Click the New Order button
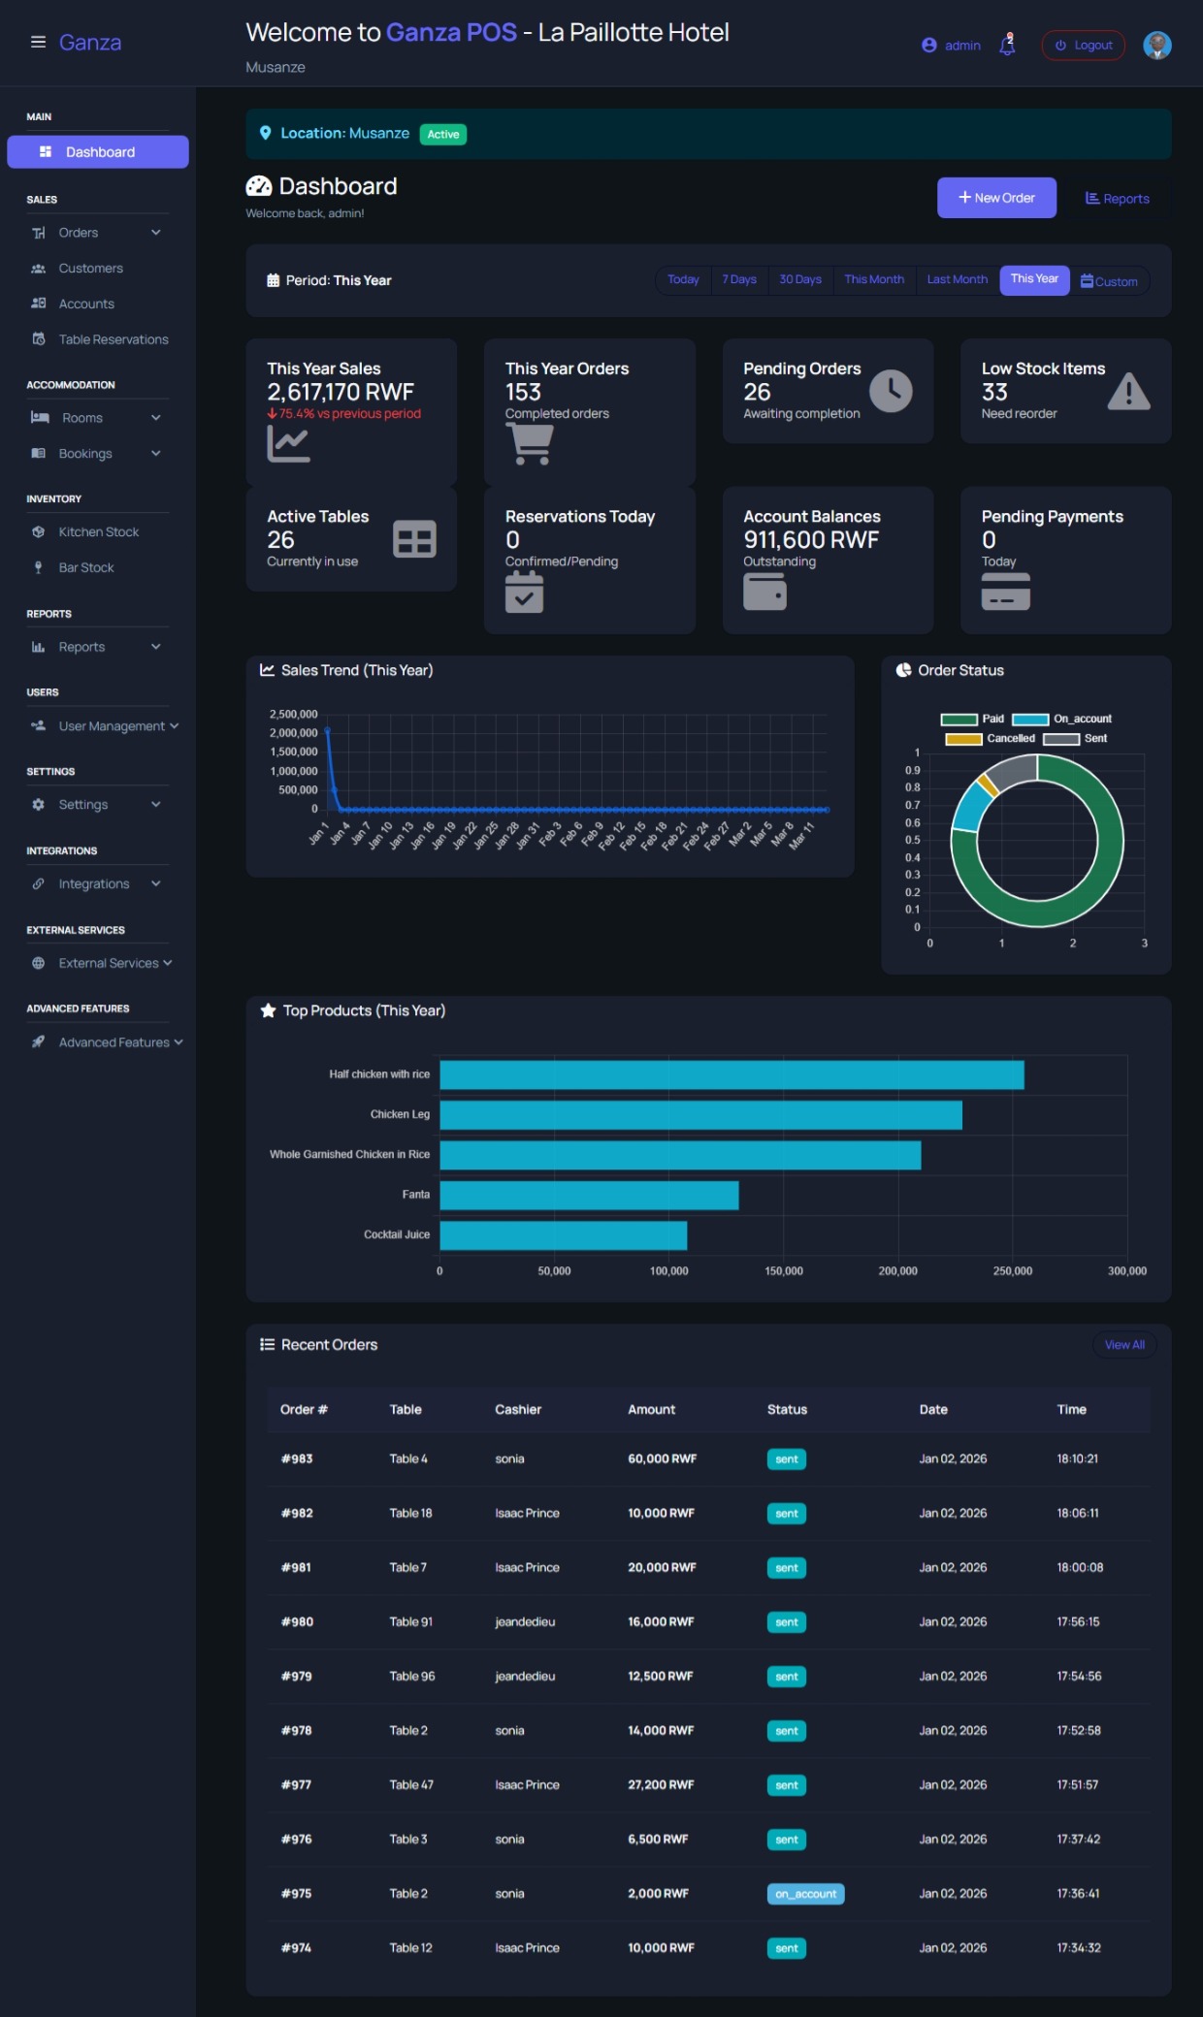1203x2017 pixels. point(995,198)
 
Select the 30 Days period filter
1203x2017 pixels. point(799,279)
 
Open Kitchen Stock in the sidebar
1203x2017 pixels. point(98,531)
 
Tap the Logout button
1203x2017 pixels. point(1083,46)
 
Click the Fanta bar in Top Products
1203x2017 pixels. point(589,1195)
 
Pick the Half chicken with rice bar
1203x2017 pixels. point(732,1074)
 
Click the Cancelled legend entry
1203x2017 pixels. point(990,739)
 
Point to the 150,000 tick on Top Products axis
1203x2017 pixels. point(783,1270)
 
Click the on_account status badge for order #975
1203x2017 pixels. point(805,1894)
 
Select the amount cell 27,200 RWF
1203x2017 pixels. point(661,1784)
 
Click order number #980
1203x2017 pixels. point(297,1621)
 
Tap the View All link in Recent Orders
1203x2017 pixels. point(1123,1345)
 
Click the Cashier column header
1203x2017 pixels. point(518,1409)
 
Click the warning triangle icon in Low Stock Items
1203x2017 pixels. point(1128,392)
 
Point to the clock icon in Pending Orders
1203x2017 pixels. point(890,391)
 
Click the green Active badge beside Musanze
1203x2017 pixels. point(442,135)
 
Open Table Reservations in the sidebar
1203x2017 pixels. point(113,339)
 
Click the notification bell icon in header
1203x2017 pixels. point(1007,45)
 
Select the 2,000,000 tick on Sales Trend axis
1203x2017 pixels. point(293,733)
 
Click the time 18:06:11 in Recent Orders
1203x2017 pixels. point(1077,1513)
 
